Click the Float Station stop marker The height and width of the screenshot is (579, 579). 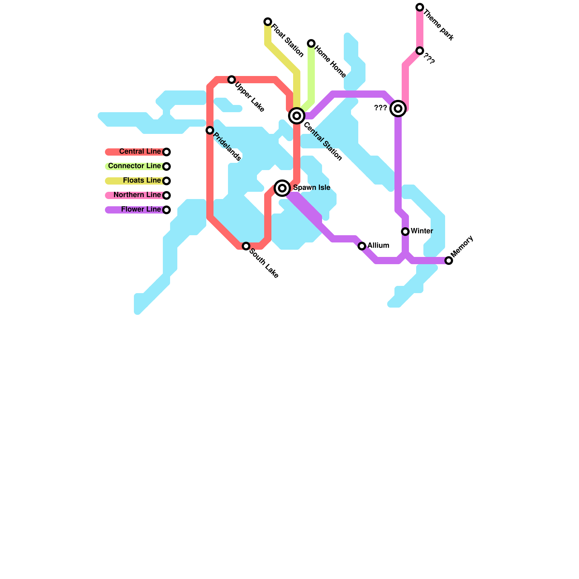[268, 22]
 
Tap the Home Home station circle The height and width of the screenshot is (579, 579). [311, 43]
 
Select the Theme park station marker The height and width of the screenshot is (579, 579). [420, 7]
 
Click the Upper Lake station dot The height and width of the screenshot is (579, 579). [232, 80]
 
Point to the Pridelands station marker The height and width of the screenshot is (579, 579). [210, 130]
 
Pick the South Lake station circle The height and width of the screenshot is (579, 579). [246, 246]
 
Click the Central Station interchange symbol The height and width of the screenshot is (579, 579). [297, 116]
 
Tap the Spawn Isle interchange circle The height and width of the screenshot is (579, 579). [282, 188]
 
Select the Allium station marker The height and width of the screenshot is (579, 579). [362, 246]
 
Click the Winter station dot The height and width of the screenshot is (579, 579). [405, 232]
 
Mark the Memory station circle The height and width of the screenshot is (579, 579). [449, 261]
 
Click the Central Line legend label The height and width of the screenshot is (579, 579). [140, 152]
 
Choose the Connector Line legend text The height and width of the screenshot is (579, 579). [134, 166]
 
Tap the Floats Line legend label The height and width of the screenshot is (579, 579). [142, 181]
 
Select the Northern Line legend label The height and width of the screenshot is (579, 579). [137, 195]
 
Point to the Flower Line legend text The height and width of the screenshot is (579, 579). [141, 210]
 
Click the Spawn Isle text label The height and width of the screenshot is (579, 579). [312, 188]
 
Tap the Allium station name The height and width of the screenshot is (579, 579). [379, 246]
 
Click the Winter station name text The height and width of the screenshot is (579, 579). [422, 231]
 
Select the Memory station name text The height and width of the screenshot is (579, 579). [462, 246]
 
